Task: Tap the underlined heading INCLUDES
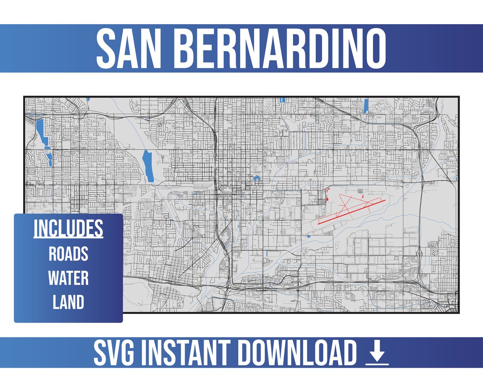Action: point(68,229)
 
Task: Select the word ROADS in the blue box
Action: point(68,254)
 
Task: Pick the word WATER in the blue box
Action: point(68,278)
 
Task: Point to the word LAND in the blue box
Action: point(68,302)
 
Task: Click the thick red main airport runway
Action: point(352,211)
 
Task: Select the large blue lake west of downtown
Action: point(147,166)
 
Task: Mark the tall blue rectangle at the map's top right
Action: point(365,106)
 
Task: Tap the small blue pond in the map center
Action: point(257,178)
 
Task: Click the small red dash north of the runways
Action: point(363,196)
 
